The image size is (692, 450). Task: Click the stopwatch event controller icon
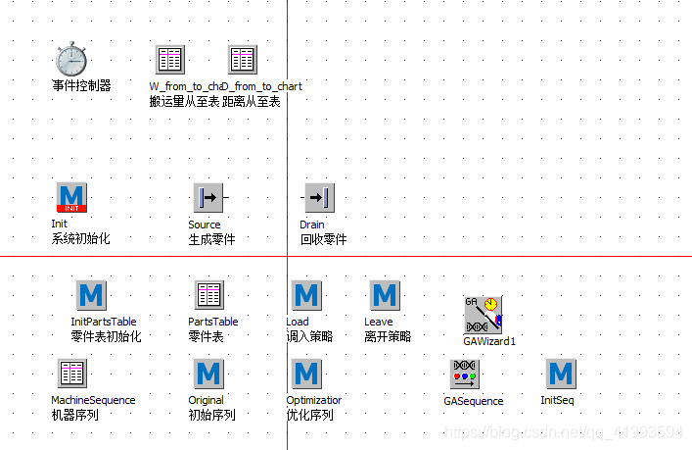[71, 59]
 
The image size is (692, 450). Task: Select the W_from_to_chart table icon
[169, 59]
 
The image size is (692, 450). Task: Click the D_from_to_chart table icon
[242, 59]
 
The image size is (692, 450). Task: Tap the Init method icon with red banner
[71, 197]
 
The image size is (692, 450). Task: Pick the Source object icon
[208, 197]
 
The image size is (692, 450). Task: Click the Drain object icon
[319, 197]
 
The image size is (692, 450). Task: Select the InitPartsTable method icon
[91, 294]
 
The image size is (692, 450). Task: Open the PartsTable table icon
[208, 294]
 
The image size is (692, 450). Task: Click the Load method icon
[306, 294]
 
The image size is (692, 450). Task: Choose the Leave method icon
[385, 294]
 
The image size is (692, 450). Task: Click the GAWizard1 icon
[483, 314]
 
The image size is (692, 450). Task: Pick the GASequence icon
[464, 374]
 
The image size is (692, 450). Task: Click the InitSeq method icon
[561, 374]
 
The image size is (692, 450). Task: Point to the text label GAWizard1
[489, 341]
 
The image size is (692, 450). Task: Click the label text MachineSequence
[93, 400]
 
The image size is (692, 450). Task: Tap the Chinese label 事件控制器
[81, 86]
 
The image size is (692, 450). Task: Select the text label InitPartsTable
[104, 322]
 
